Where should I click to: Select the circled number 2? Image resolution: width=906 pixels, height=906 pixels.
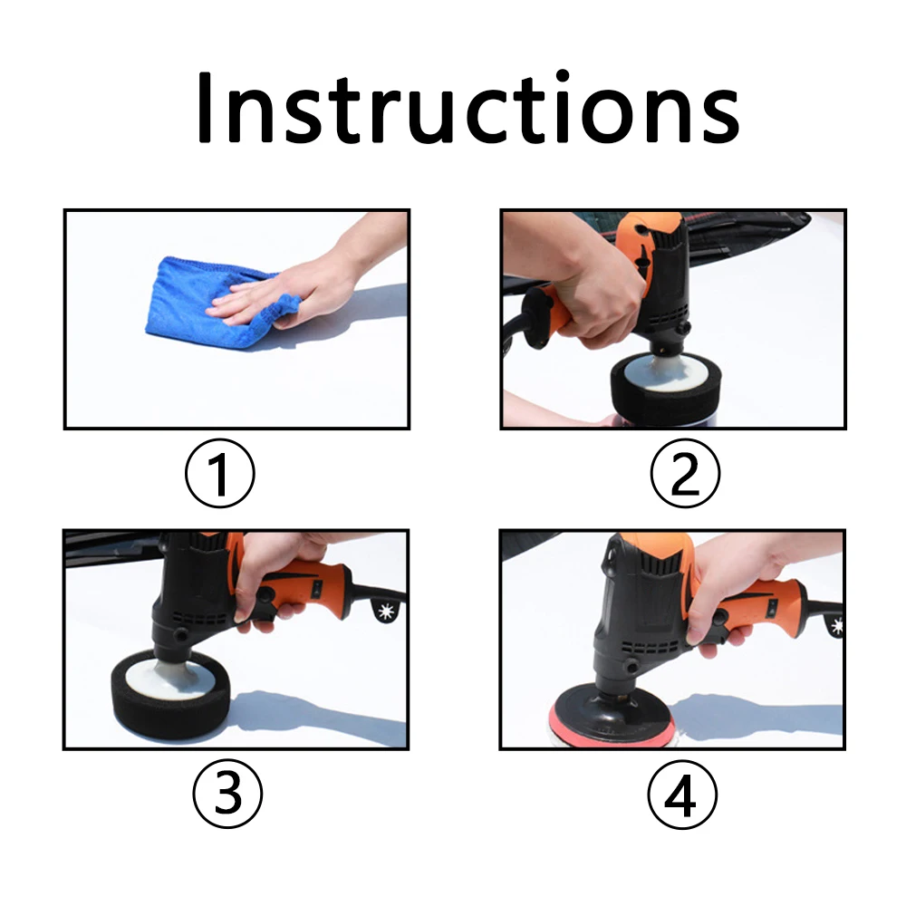click(685, 474)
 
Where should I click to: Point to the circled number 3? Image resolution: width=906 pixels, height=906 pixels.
click(226, 795)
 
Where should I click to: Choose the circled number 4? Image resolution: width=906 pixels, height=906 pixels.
click(682, 795)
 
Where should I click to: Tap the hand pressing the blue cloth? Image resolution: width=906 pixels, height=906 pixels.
click(299, 285)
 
